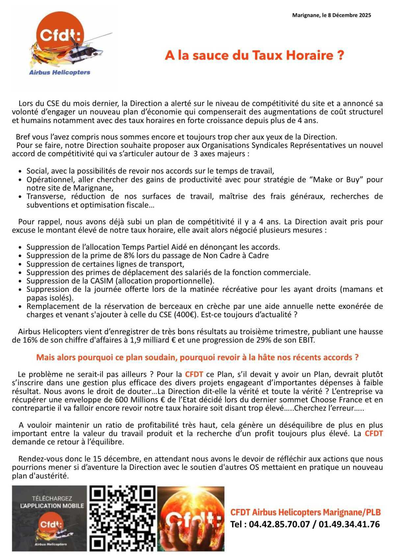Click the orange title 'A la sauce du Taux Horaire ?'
254,55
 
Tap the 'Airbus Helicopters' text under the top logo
60,72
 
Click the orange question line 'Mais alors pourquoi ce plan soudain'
197,357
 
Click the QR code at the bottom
122,518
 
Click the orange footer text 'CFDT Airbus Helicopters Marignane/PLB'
305,512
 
